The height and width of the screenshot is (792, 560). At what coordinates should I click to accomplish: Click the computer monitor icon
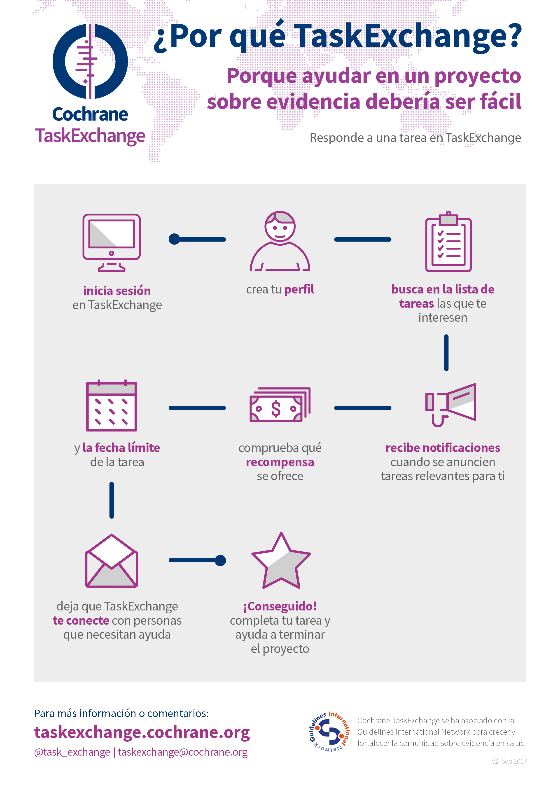[112, 242]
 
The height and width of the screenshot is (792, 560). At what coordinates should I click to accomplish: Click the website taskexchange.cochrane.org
[142, 732]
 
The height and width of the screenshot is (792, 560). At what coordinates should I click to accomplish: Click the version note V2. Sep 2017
[509, 761]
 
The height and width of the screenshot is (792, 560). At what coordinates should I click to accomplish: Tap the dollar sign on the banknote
[276, 409]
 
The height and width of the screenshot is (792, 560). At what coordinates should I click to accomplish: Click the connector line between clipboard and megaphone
[446, 352]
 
